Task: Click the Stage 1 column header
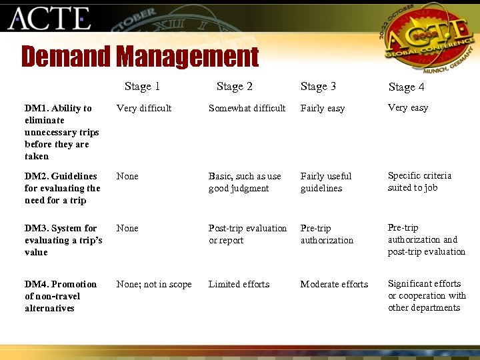[x=142, y=86]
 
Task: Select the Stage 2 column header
[x=235, y=86]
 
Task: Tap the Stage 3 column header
[x=318, y=86]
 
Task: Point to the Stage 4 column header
[x=406, y=87]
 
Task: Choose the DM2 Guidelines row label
[x=62, y=188]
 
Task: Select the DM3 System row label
[x=63, y=240]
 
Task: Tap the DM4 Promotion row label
[x=61, y=296]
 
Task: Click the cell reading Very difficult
[x=144, y=108]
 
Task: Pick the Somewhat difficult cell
[x=247, y=108]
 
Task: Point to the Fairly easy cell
[x=323, y=108]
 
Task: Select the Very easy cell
[x=408, y=107]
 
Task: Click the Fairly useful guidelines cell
[x=326, y=182]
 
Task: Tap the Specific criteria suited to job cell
[x=419, y=181]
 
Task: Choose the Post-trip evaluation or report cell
[x=247, y=234]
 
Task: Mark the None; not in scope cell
[x=154, y=284]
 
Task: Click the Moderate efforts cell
[x=334, y=284]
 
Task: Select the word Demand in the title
[x=67, y=57]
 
